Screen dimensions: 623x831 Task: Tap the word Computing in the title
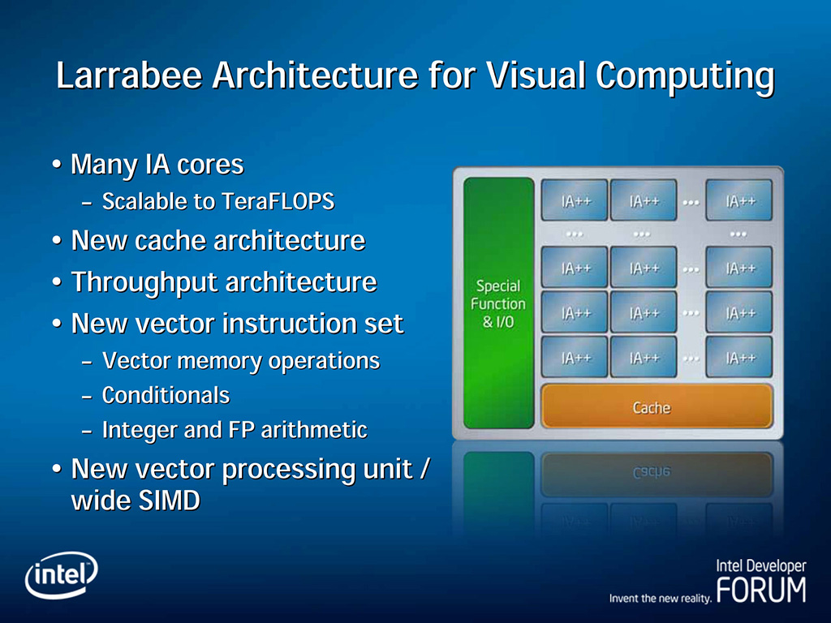(x=684, y=76)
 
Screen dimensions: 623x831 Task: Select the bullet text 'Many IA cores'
(x=157, y=165)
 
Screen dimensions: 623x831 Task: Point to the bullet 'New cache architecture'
(x=217, y=241)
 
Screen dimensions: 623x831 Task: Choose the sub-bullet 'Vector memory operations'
(x=241, y=361)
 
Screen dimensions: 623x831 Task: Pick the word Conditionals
(x=166, y=396)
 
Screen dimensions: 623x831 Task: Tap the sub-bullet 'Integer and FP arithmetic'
(x=235, y=430)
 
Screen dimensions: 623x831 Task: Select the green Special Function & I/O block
(x=498, y=303)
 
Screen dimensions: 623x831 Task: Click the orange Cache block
(x=656, y=407)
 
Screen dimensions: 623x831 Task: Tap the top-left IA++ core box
(x=574, y=200)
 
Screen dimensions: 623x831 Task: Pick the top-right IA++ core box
(x=738, y=200)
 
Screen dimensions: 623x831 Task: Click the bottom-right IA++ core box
(x=738, y=358)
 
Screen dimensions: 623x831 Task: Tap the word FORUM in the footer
(x=761, y=590)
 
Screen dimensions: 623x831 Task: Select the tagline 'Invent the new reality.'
(x=660, y=599)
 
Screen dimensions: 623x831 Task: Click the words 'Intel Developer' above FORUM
(x=760, y=566)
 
